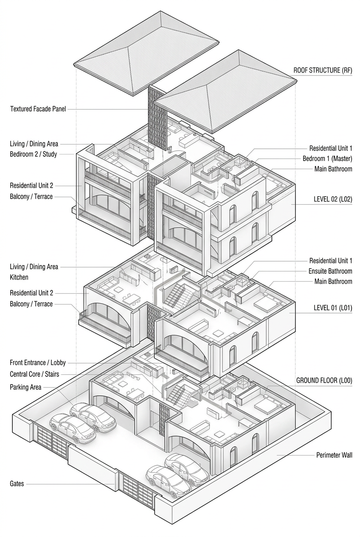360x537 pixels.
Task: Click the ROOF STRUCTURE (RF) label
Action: pyautogui.click(x=323, y=71)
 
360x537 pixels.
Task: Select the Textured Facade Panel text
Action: pyautogui.click(x=38, y=109)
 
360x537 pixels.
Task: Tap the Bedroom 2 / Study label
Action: pyautogui.click(x=33, y=154)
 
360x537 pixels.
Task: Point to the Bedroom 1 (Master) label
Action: pyautogui.click(x=327, y=159)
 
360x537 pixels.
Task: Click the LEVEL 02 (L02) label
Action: pyautogui.click(x=333, y=199)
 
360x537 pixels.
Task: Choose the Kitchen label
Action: pyautogui.click(x=19, y=277)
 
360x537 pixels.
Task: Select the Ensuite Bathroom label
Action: pyautogui.click(x=330, y=271)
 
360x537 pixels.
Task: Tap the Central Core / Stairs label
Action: pyautogui.click(x=34, y=374)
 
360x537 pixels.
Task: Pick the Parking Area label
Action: pyautogui.click(x=25, y=387)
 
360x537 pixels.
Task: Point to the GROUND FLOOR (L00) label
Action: pyautogui.click(x=324, y=381)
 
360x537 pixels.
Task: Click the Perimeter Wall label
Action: pyautogui.click(x=334, y=455)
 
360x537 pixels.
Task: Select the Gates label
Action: pyautogui.click(x=17, y=483)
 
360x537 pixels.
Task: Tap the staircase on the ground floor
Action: pyautogui.click(x=176, y=393)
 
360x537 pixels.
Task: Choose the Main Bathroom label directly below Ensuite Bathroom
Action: pyautogui.click(x=333, y=281)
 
